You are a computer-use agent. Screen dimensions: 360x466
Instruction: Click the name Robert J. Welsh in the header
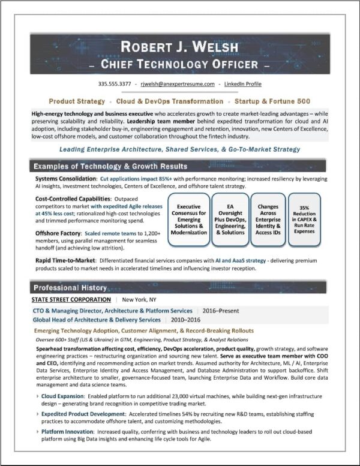(x=179, y=47)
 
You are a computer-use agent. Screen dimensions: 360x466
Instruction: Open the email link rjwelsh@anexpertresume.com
(x=173, y=84)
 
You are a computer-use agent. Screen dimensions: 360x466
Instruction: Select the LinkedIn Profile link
(x=243, y=84)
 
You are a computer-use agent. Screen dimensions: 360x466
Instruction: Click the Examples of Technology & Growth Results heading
(x=110, y=166)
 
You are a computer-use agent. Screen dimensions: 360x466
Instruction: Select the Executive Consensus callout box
(x=188, y=219)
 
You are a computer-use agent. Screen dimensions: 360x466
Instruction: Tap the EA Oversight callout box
(x=229, y=219)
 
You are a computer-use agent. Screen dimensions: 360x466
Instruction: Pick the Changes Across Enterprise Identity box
(x=268, y=219)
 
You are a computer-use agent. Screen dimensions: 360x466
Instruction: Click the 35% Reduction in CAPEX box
(x=304, y=219)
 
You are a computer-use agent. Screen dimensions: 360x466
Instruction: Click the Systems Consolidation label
(x=65, y=179)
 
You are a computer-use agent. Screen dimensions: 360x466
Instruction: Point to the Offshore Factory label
(x=58, y=232)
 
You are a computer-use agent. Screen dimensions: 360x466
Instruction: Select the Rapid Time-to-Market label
(x=65, y=261)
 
